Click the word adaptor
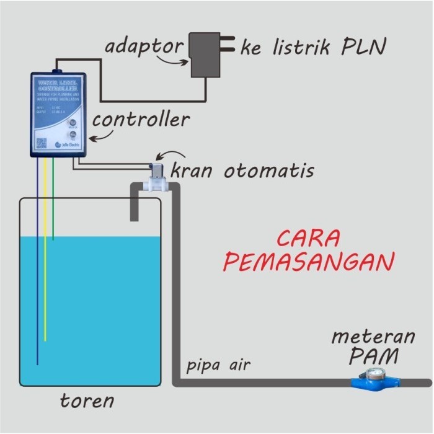[x=144, y=46]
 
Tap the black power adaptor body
[x=205, y=55]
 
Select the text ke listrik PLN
[x=314, y=48]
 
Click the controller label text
[x=141, y=119]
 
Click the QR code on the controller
[x=42, y=143]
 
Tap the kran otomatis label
[x=242, y=170]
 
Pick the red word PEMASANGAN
[x=308, y=262]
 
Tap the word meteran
[x=373, y=337]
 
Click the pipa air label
[x=218, y=365]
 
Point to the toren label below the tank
[x=87, y=401]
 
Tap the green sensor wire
[x=53, y=205]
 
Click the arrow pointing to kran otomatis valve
[x=170, y=154]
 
